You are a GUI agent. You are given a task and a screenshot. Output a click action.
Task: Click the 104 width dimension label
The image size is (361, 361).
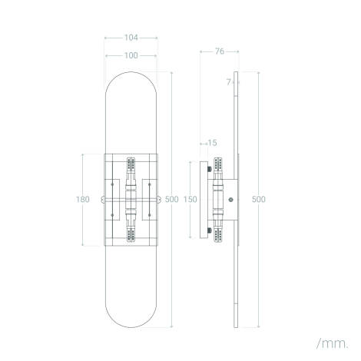coord(131,36)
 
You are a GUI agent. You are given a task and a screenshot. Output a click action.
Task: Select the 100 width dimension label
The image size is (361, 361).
coord(131,55)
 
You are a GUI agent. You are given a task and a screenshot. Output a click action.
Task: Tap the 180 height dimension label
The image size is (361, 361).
coord(84,199)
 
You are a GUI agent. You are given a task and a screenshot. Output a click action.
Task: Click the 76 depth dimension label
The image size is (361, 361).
coord(219,51)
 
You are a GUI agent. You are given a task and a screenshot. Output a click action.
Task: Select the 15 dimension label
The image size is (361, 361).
coord(212,143)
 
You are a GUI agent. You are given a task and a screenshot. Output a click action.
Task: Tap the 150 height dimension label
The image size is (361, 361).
coord(191,199)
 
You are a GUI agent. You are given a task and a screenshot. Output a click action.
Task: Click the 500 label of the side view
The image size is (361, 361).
coord(259,199)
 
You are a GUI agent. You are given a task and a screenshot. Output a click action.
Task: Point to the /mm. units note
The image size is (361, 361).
coord(332,340)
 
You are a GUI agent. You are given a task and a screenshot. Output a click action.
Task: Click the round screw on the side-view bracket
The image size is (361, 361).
coord(231,200)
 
